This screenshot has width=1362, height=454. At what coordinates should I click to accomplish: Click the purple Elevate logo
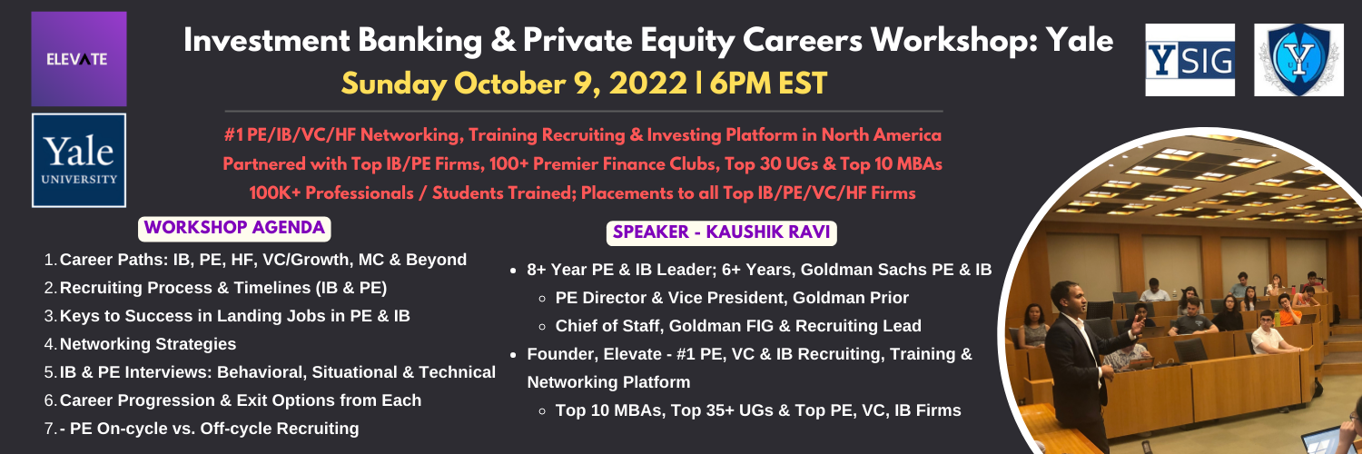click(x=79, y=59)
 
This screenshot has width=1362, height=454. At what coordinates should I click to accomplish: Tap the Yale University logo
click(x=79, y=161)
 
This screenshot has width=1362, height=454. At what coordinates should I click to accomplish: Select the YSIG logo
click(x=1189, y=60)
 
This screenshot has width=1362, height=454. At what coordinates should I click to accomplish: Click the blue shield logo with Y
click(x=1298, y=60)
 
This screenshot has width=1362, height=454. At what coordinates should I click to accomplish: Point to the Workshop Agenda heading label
click(x=234, y=229)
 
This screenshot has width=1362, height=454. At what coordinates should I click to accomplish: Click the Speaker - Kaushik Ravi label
click(x=722, y=232)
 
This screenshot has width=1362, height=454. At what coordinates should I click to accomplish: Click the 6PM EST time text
click(x=768, y=84)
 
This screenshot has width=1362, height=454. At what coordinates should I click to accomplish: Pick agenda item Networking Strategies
click(x=148, y=344)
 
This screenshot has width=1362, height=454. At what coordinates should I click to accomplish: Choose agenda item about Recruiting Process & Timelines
click(x=223, y=288)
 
